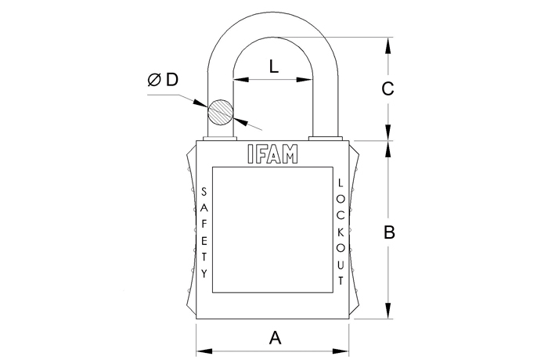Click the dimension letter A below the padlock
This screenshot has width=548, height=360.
[x=275, y=338]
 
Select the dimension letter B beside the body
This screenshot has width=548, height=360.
[x=389, y=232]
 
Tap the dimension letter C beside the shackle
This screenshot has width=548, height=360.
[x=388, y=88]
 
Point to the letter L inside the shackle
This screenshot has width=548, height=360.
[x=274, y=67]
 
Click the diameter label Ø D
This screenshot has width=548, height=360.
[x=163, y=80]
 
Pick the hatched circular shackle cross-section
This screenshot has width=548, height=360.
[x=221, y=112]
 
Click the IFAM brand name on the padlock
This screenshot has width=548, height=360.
[x=272, y=154]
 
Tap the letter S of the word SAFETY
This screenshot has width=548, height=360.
[x=204, y=192]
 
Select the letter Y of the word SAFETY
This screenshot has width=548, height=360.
[x=204, y=273]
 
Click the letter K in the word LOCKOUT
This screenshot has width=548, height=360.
[x=341, y=232]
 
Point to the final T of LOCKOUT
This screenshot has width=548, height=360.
[x=341, y=280]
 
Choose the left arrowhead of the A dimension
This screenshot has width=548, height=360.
[x=204, y=351]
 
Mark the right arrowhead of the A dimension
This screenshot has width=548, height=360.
[x=341, y=351]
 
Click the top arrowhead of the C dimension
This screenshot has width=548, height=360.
[x=388, y=45]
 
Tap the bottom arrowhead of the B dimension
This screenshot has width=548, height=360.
[x=388, y=311]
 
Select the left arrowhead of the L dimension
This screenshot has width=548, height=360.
[x=241, y=80]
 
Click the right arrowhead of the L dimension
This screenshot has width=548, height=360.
[x=305, y=80]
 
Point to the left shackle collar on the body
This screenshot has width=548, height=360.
[x=220, y=139]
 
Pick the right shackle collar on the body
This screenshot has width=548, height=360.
[x=325, y=139]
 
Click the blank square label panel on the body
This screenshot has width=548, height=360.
[x=272, y=229]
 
